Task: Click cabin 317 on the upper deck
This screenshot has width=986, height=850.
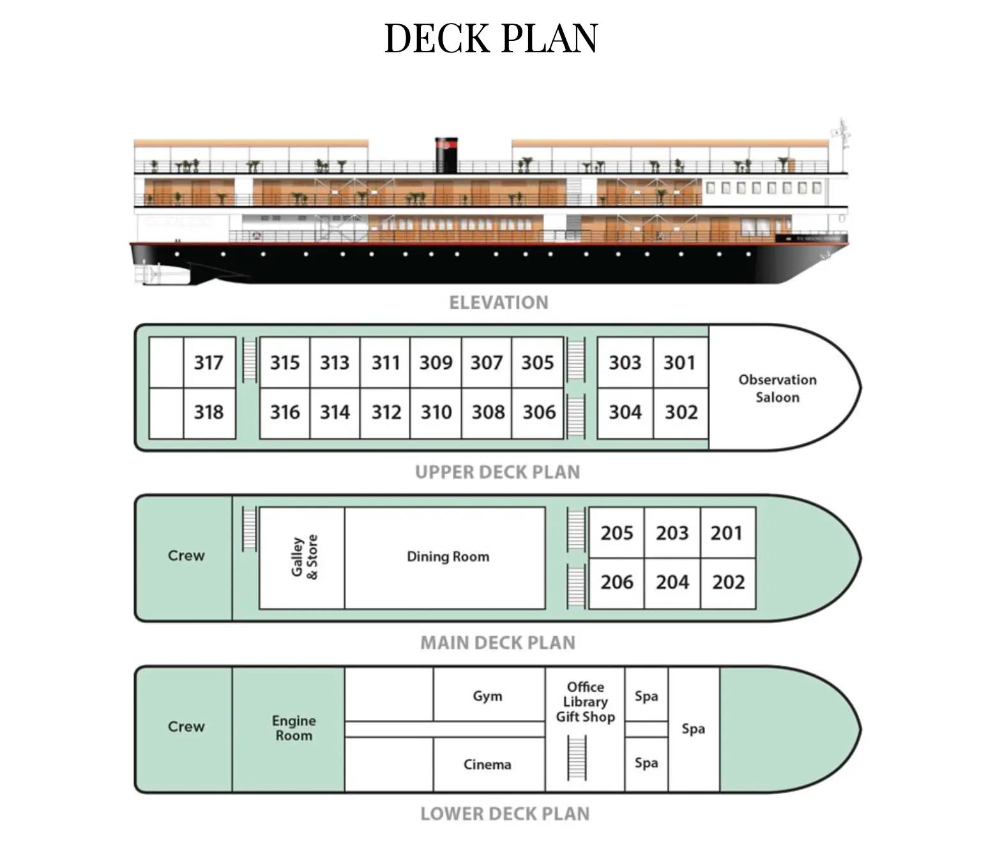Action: [x=209, y=362]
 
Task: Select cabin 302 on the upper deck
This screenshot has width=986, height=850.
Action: [x=681, y=412]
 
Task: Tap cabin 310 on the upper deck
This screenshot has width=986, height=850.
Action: [x=436, y=412]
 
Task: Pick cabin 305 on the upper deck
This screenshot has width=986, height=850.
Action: [x=537, y=362]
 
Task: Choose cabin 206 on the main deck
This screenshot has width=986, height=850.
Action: [x=616, y=582]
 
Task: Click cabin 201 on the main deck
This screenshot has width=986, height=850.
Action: [x=727, y=533]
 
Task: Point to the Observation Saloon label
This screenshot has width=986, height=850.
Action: [x=777, y=388]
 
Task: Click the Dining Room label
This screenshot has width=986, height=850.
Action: [x=448, y=556]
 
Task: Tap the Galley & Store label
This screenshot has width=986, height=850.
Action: [x=304, y=556]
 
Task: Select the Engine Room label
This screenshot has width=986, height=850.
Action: [x=293, y=728]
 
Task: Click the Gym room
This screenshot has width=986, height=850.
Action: [x=487, y=696]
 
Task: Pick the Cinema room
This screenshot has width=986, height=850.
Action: [x=487, y=764]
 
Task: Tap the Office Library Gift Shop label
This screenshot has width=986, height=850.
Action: [x=585, y=702]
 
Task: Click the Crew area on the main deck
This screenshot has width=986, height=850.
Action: [x=186, y=556]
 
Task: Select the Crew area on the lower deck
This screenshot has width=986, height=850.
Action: [x=186, y=727]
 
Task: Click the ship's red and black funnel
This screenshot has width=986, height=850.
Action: [x=446, y=154]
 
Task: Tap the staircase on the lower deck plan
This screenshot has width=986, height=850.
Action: [x=577, y=757]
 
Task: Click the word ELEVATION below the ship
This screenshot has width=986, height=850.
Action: [x=498, y=302]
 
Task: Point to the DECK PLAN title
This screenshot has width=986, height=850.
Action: [x=491, y=38]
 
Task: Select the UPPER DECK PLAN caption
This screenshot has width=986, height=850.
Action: [x=497, y=472]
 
